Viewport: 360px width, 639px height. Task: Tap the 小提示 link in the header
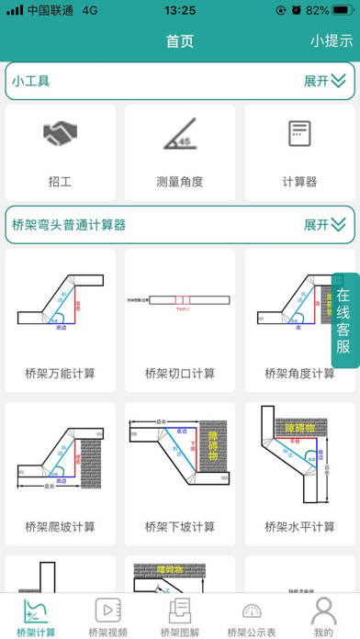331,40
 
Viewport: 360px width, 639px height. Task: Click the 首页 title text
180,40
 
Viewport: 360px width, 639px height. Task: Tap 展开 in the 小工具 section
324,81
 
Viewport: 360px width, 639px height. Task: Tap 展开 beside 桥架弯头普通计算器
324,224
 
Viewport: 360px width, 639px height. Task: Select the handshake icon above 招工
60,135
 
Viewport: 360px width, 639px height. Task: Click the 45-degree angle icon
179,135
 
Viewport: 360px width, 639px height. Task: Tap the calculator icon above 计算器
298,134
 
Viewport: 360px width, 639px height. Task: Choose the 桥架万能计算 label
60,374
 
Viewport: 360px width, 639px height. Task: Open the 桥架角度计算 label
299,374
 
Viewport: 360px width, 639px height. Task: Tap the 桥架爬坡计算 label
60,527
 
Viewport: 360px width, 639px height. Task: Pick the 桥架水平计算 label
299,527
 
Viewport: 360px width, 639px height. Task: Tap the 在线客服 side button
343,320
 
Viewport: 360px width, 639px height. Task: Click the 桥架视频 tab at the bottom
107,617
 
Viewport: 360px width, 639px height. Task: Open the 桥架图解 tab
180,617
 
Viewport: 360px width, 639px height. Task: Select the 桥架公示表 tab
252,617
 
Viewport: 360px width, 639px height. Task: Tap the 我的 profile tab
323,617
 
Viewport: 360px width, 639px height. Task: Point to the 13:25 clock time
179,10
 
